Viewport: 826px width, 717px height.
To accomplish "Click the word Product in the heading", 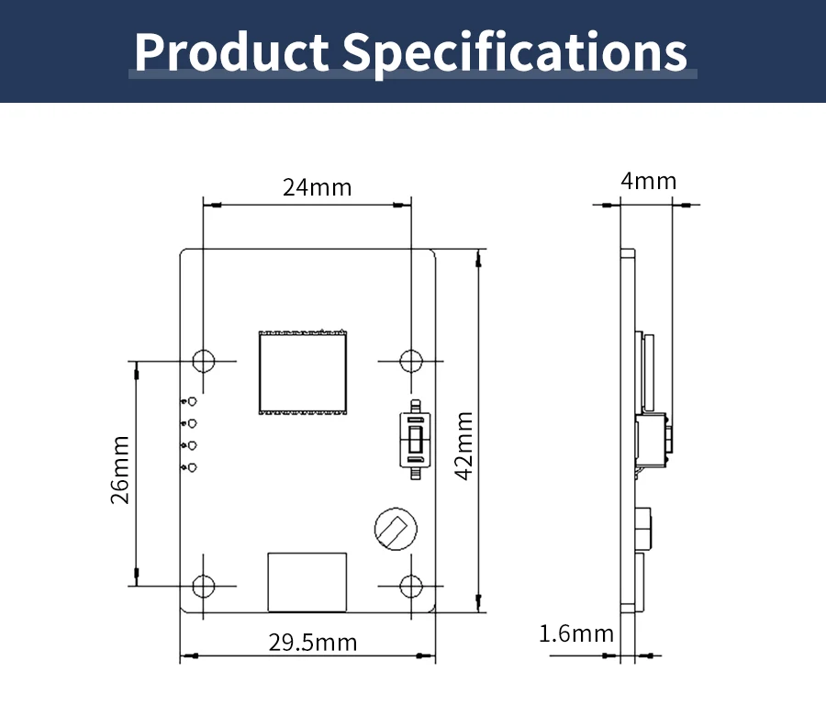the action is click(232, 51).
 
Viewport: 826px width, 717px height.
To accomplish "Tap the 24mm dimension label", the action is click(318, 187).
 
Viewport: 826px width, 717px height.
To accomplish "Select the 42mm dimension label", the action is click(464, 445).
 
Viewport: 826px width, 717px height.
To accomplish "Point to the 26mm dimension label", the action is click(120, 470).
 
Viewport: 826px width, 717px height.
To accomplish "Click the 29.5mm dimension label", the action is click(313, 643).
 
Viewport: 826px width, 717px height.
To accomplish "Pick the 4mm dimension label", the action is click(649, 181).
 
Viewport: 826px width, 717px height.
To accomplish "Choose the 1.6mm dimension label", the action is click(576, 633).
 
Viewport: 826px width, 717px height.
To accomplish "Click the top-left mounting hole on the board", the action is click(204, 361).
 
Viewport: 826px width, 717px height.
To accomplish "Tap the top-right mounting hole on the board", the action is click(411, 361).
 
